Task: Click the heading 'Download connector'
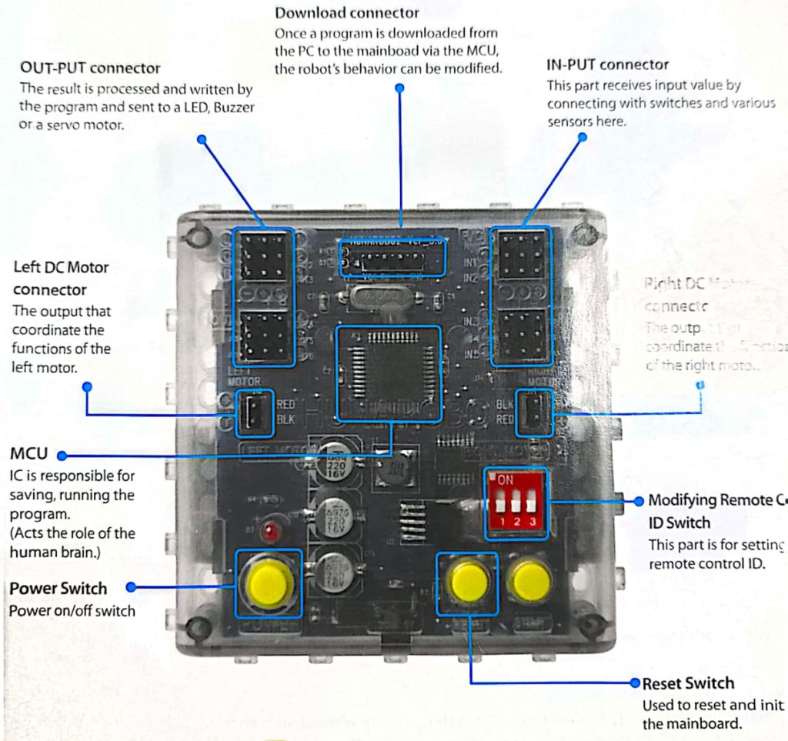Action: tap(347, 12)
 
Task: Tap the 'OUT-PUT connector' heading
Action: tap(90, 68)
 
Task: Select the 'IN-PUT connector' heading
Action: tap(607, 65)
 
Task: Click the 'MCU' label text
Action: tap(28, 454)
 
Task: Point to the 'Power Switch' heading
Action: tap(58, 589)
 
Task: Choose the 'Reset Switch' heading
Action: tap(688, 683)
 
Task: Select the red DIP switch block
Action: tap(516, 504)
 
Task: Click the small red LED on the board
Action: tap(269, 532)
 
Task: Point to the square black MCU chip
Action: tap(389, 374)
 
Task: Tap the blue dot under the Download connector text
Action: tap(399, 88)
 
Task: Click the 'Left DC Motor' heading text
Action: tap(61, 268)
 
